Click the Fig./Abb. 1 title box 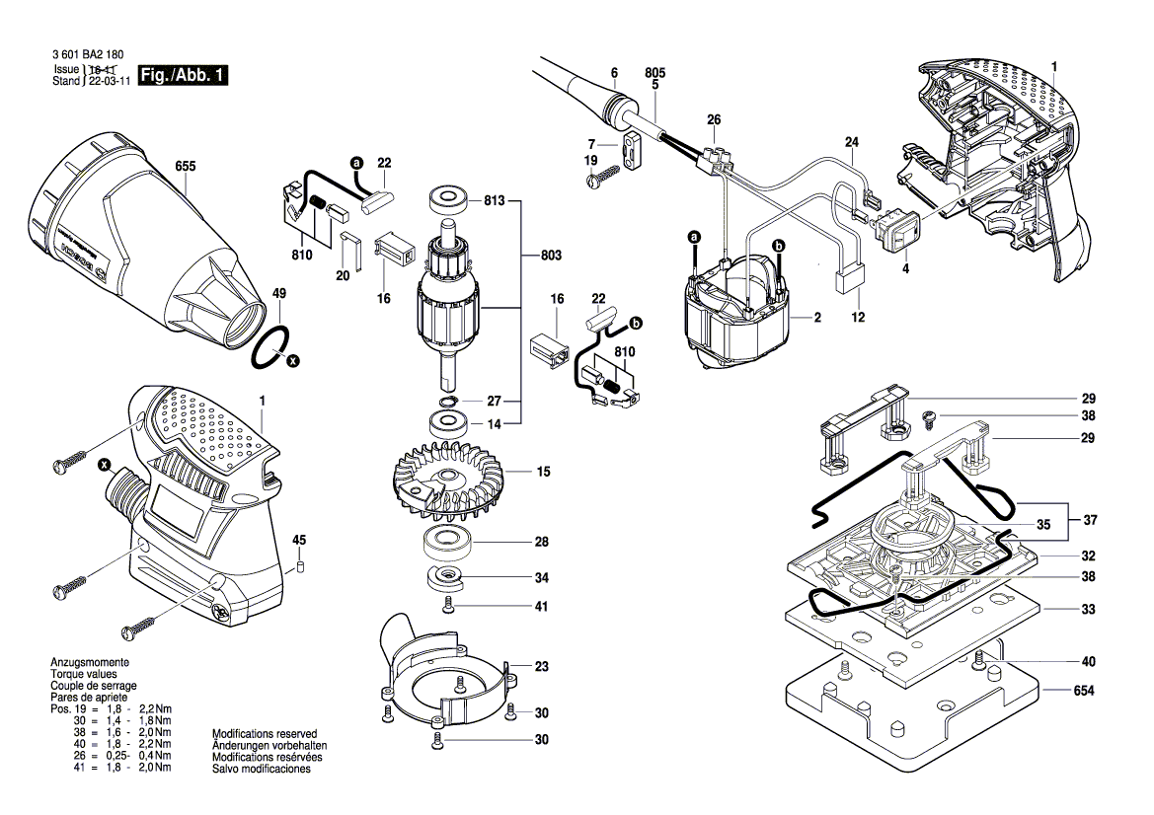click(184, 76)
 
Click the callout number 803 click(551, 256)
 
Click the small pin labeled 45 click(302, 568)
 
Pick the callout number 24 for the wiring click(851, 141)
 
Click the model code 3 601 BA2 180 click(89, 55)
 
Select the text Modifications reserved click(265, 734)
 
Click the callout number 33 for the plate click(1088, 610)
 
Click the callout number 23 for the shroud click(541, 666)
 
